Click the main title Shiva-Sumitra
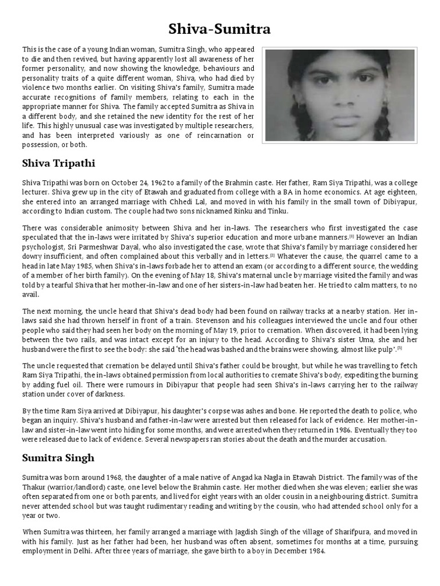tap(219, 28)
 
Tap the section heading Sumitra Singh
tap(58, 458)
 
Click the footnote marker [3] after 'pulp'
tap(399, 347)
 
